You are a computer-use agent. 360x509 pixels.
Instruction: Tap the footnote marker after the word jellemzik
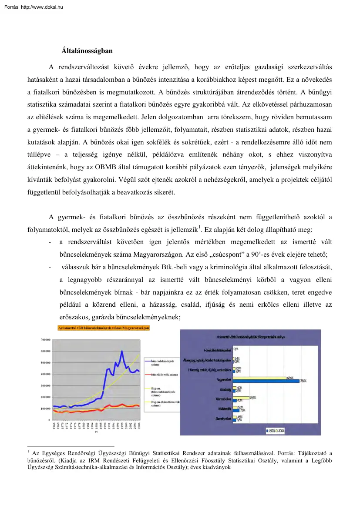(x=199, y=227)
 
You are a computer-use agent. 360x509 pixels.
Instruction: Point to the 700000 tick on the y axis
(x=45, y=339)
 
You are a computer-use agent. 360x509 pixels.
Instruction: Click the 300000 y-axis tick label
(x=45, y=385)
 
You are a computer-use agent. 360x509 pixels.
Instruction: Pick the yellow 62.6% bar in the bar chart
(x=259, y=378)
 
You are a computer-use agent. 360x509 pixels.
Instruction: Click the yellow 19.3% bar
(x=241, y=398)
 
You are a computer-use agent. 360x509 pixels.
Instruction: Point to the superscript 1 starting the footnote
(x=28, y=452)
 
